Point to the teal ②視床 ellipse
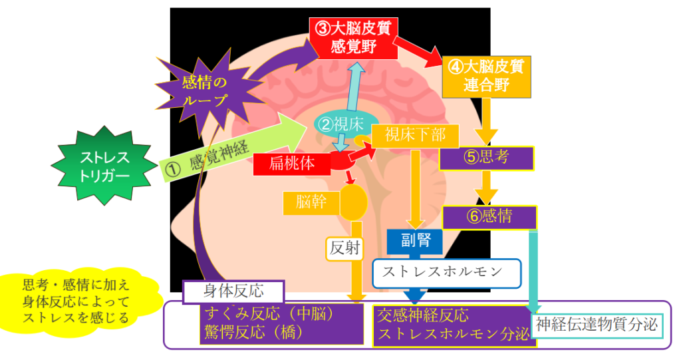click(341, 123)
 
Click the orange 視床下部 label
click(415, 135)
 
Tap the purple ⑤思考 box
click(487, 158)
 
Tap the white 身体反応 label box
click(233, 291)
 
